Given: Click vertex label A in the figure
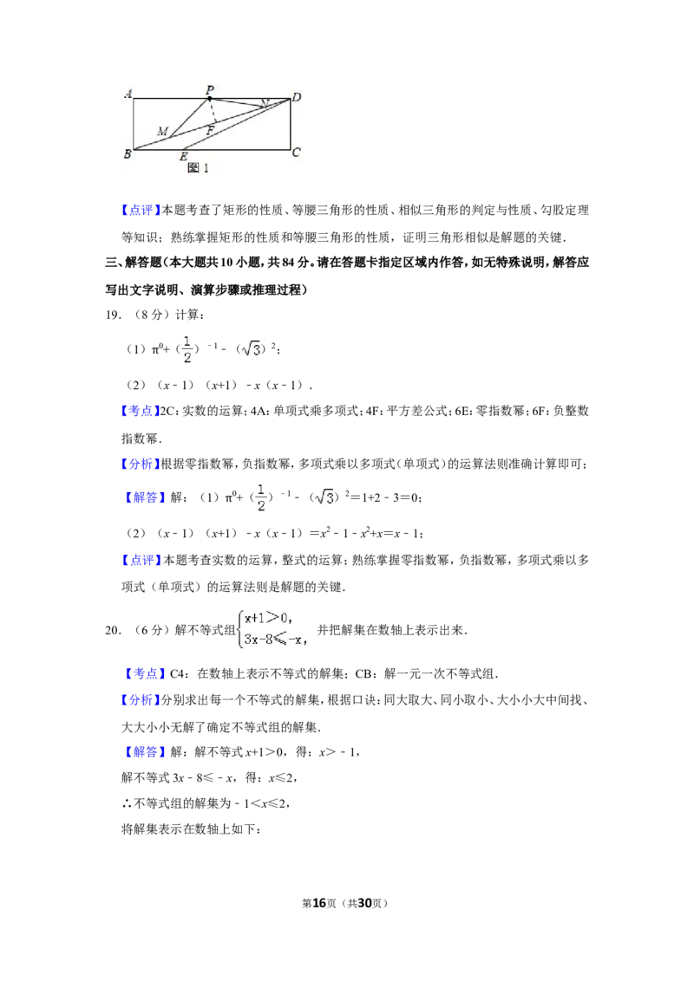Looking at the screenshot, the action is point(128,94).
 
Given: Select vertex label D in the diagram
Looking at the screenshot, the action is point(297,96).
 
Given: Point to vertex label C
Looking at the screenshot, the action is point(297,152).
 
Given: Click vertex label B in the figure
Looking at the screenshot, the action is point(128,153).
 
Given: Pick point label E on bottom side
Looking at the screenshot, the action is point(184,156).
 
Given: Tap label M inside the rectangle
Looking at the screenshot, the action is point(163,132).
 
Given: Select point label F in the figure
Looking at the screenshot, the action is point(211,131).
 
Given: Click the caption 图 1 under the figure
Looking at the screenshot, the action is point(198,167).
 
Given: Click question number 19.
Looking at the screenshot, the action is point(113,315).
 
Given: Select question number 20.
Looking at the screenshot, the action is point(113,630).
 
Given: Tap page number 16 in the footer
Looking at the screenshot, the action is point(319,903).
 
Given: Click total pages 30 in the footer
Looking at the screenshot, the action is point(364,903).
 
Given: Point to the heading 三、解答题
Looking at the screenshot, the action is point(133,263).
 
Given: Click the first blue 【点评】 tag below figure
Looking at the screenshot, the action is point(141,211).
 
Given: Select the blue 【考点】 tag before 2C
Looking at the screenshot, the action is point(141,411).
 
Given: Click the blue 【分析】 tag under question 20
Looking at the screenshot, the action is point(141,700).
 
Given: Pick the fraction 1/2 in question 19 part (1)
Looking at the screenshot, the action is point(187,349).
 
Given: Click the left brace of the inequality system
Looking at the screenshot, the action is point(240,629).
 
